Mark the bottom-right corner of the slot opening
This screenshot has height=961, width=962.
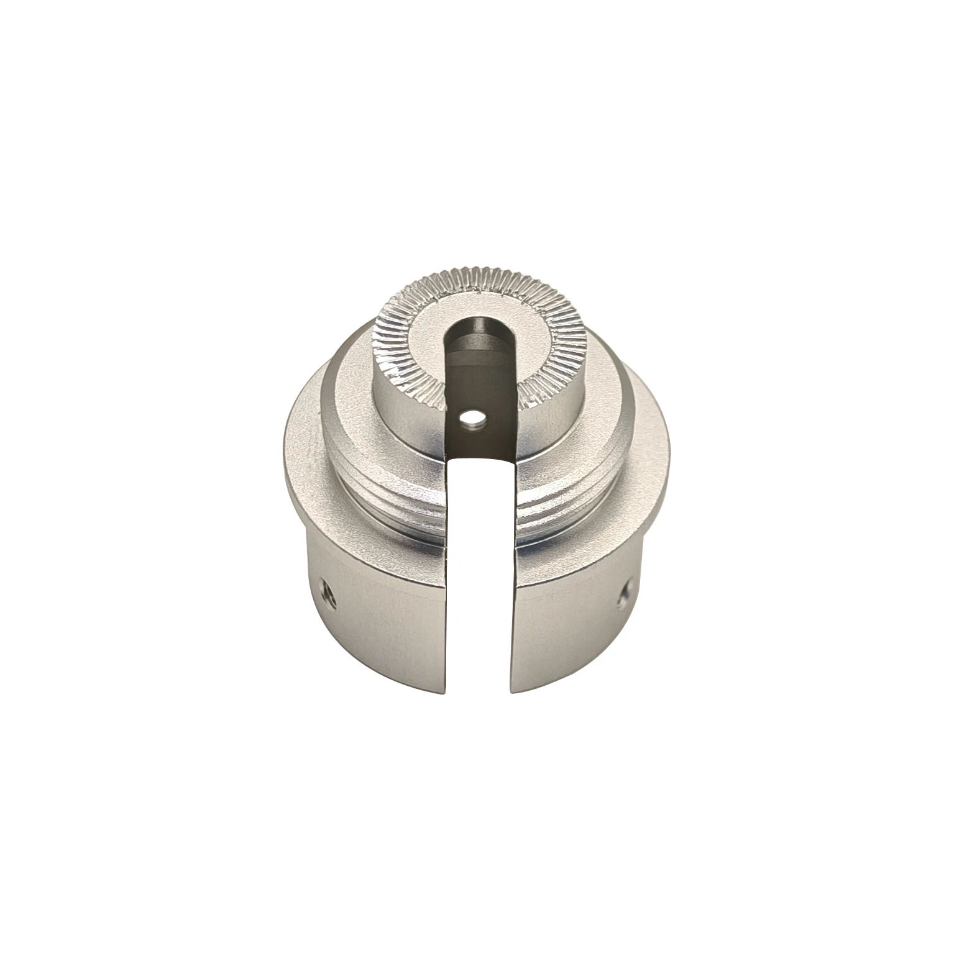pyautogui.click(x=511, y=691)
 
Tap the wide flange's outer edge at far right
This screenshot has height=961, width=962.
pyautogui.click(x=670, y=460)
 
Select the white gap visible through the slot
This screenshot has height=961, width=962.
pyautogui.click(x=480, y=559)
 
